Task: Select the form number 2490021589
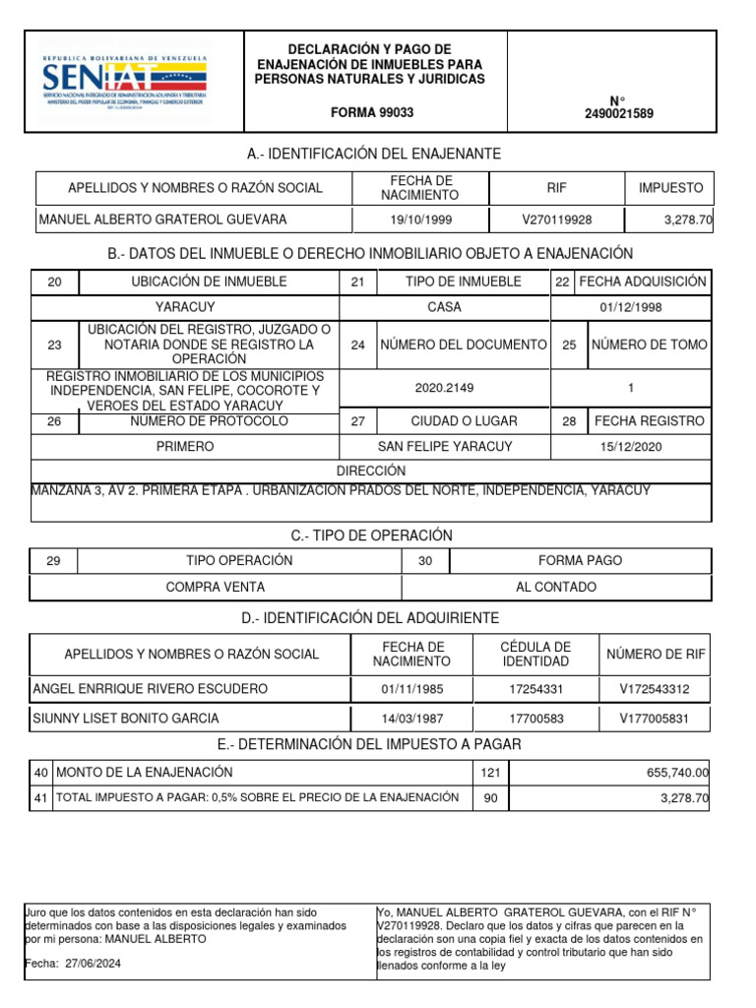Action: click(618, 114)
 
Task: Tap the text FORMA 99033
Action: click(372, 113)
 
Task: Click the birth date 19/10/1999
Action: click(420, 220)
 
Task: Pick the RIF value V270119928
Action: click(557, 220)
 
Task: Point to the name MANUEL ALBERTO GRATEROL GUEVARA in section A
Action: click(162, 220)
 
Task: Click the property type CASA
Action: click(444, 307)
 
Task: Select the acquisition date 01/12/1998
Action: click(631, 307)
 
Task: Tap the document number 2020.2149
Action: click(444, 388)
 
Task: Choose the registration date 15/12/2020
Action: click(631, 447)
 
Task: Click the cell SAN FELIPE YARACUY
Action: click(445, 447)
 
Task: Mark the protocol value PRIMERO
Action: click(185, 447)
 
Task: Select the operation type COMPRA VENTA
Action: click(216, 587)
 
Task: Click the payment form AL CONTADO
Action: click(556, 587)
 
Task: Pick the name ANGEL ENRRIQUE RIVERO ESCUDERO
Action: click(151, 689)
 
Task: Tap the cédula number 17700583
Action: click(535, 719)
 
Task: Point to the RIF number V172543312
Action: click(655, 689)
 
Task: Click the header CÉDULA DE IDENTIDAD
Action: click(535, 654)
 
